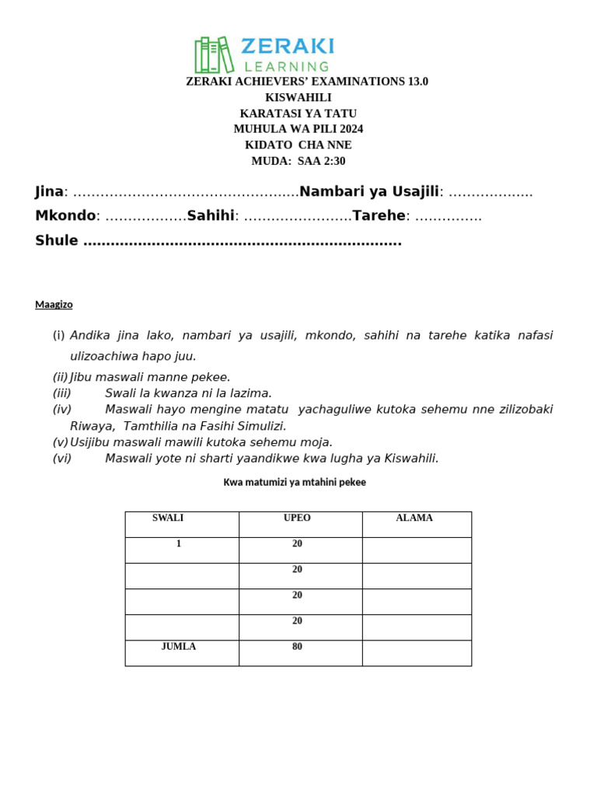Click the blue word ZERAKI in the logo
click(288, 46)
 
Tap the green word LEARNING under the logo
click(287, 67)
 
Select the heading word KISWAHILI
click(298, 97)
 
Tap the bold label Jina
click(49, 192)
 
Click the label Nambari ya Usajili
click(369, 192)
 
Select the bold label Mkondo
click(65, 215)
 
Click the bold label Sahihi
click(211, 215)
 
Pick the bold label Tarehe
click(379, 215)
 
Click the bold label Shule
click(57, 241)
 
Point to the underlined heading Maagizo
click(54, 305)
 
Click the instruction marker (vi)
click(62, 459)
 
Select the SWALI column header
click(168, 518)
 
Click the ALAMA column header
click(414, 518)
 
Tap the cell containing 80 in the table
click(298, 647)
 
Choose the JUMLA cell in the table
click(179, 647)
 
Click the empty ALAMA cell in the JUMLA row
click(417, 653)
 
